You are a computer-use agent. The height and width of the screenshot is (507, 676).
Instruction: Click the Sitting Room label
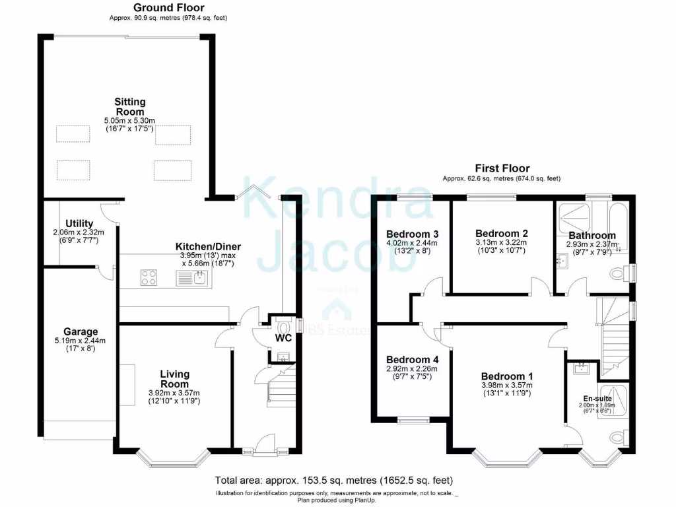129,107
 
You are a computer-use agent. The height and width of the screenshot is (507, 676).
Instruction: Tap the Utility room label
79,224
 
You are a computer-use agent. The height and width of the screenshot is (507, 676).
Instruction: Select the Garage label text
81,331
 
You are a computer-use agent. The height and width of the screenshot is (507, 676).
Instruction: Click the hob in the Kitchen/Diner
149,278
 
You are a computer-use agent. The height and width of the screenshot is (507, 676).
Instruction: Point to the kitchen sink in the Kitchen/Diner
193,278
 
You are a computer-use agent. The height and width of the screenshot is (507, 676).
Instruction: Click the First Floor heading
502,168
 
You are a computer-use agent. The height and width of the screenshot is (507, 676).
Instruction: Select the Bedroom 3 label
413,234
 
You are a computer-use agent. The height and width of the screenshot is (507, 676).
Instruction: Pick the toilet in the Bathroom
617,272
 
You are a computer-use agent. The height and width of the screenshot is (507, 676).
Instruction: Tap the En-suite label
598,398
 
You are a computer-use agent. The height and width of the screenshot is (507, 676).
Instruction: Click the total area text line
334,480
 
